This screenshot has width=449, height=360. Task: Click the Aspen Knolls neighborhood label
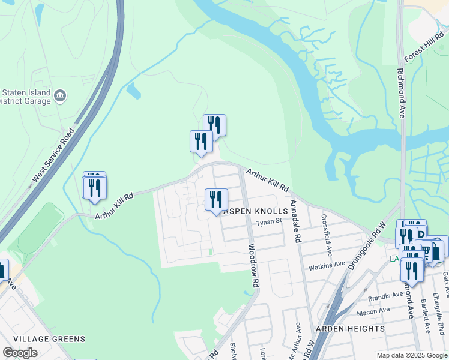pos(252,212)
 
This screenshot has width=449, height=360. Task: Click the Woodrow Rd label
pos(253,264)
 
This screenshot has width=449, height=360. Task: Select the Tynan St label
pos(269,221)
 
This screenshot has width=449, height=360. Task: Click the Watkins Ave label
pos(326,264)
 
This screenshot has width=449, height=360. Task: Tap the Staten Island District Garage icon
pos(60,96)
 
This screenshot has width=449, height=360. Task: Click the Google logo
pos(20,353)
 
